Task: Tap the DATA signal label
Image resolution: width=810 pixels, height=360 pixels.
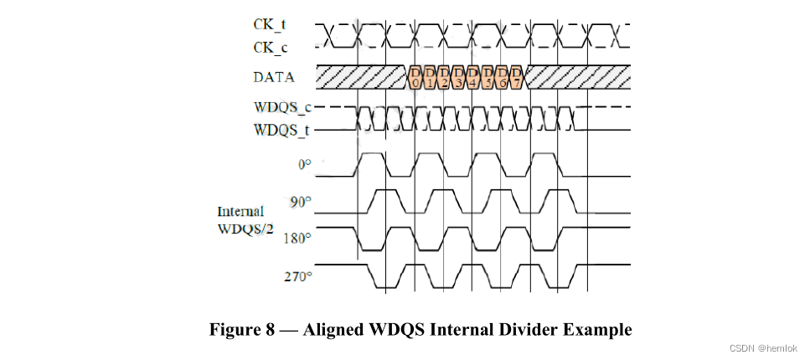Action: (x=274, y=78)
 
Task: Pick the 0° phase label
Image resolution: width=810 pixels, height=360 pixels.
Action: (x=304, y=165)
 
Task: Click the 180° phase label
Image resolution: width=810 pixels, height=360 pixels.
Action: (x=297, y=238)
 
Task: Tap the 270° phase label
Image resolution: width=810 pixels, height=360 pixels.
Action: (x=297, y=275)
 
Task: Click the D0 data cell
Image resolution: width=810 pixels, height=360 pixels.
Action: (x=416, y=77)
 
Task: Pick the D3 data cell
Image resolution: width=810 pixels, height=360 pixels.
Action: (x=459, y=77)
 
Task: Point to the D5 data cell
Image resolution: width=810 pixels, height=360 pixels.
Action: (x=488, y=77)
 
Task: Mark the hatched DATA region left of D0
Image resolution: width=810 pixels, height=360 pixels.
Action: (x=360, y=77)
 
